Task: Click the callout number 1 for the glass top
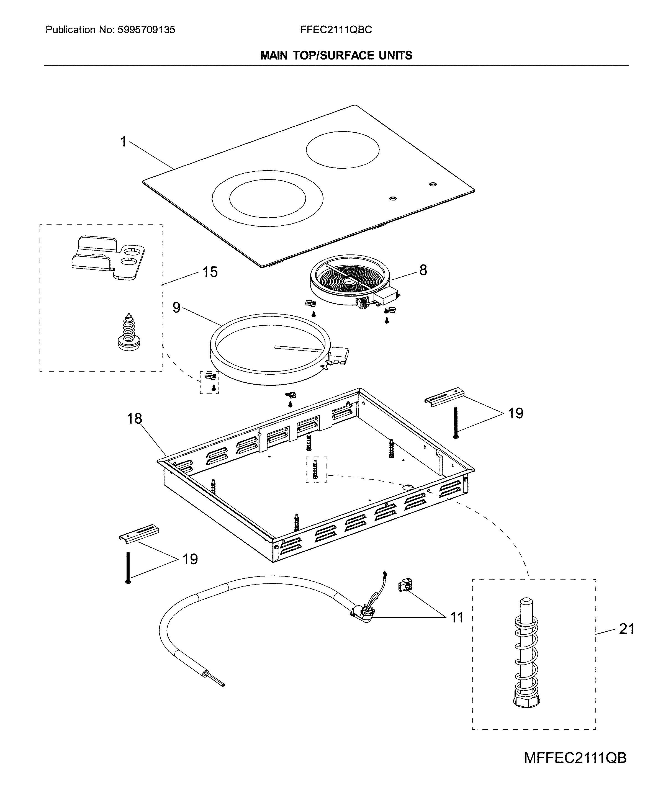point(123,142)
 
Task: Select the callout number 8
point(423,270)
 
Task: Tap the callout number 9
point(176,307)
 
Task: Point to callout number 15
point(210,272)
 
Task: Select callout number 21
point(626,629)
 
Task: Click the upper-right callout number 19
point(515,413)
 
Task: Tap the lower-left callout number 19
point(190,559)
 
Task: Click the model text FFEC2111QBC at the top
point(336,30)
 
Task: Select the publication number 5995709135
point(146,30)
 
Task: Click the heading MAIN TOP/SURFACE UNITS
point(336,56)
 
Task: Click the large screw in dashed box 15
point(128,332)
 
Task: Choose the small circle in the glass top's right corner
point(433,184)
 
